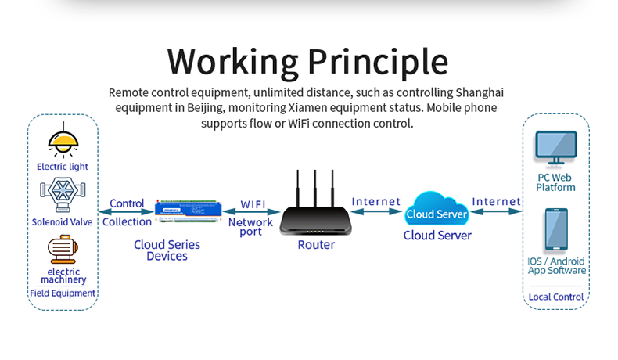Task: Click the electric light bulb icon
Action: [63, 142]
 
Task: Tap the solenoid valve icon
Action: [63, 193]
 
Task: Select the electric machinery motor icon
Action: [63, 250]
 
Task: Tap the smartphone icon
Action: [556, 230]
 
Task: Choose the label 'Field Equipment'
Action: [63, 293]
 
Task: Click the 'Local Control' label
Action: [556, 297]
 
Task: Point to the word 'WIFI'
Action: [253, 204]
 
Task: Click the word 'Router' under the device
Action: [316, 245]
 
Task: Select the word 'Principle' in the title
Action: [377, 61]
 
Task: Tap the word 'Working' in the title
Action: [232, 61]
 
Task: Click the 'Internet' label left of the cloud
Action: [376, 202]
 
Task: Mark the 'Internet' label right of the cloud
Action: [497, 202]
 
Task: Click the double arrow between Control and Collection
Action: [126, 212]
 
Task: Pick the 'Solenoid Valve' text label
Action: [63, 221]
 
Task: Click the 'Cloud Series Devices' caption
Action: [167, 250]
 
